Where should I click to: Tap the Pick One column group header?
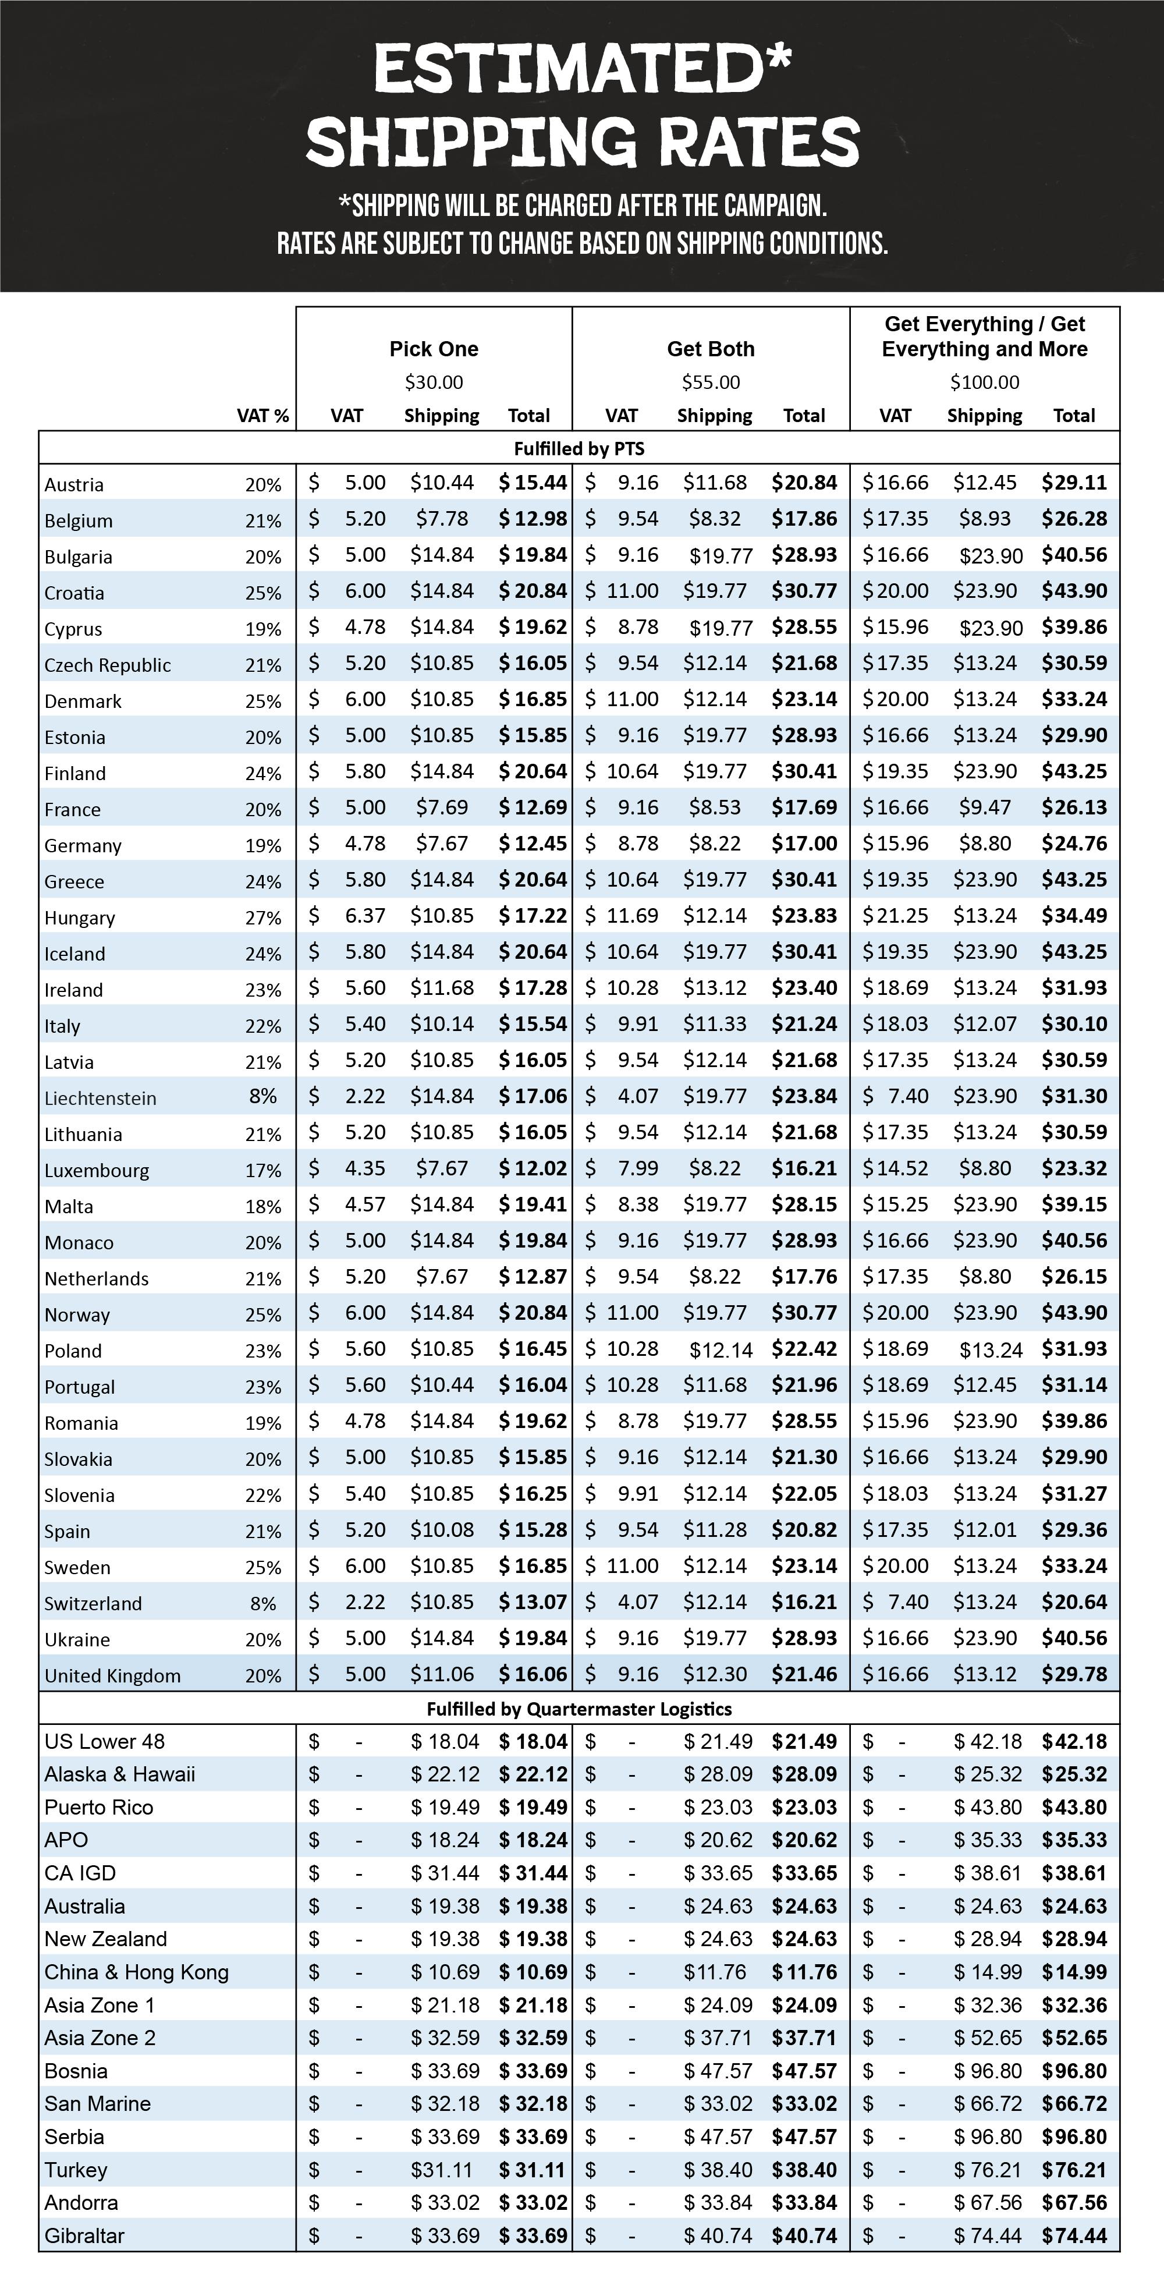[434, 349]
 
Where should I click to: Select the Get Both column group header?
[710, 349]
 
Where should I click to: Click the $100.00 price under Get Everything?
[984, 382]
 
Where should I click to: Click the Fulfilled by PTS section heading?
[579, 449]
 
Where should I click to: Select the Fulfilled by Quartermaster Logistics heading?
[579, 1709]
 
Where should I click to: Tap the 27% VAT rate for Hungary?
[262, 917]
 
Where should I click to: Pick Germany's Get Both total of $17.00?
[804, 844]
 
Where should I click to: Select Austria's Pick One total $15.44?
[532, 483]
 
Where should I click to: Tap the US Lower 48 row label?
[104, 1742]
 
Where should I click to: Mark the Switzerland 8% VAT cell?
[262, 1604]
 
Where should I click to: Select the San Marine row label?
[97, 2103]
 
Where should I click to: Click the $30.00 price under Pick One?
[434, 382]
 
